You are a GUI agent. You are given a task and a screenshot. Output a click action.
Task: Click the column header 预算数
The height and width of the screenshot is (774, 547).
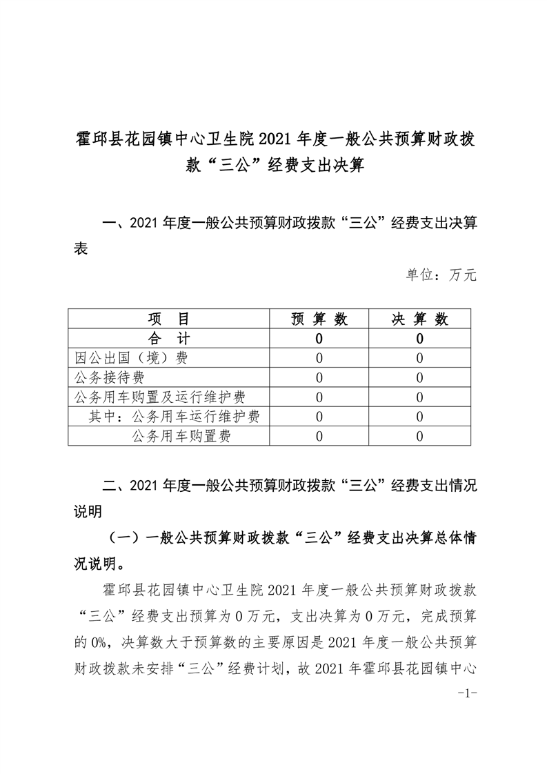(x=319, y=319)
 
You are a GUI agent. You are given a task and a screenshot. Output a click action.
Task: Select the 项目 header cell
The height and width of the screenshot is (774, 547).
(x=168, y=319)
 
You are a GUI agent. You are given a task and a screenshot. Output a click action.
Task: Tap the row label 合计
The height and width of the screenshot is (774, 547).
(x=168, y=338)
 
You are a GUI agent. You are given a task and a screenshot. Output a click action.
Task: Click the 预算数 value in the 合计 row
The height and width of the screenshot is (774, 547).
(x=319, y=339)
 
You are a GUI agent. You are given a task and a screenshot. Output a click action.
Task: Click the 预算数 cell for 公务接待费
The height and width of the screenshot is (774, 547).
(x=319, y=377)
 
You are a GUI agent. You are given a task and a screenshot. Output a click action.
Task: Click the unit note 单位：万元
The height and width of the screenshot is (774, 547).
(x=441, y=275)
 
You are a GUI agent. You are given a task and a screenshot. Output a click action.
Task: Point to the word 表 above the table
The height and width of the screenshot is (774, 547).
(x=81, y=250)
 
